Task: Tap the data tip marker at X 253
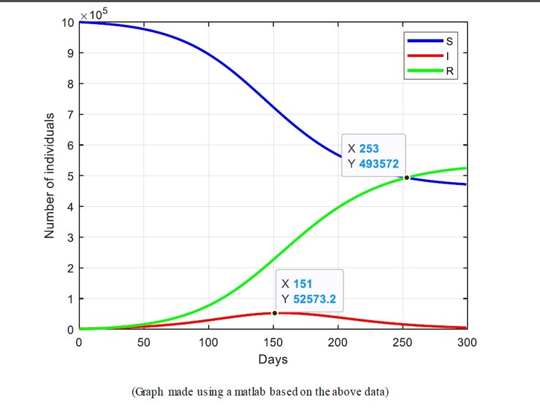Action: pyautogui.click(x=406, y=177)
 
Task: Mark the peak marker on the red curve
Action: pyautogui.click(x=275, y=313)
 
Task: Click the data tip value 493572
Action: pyautogui.click(x=379, y=164)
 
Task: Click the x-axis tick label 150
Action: pyautogui.click(x=273, y=341)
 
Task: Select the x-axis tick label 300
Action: pyautogui.click(x=467, y=341)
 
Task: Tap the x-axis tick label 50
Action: pyautogui.click(x=143, y=341)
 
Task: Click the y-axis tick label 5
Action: pyautogui.click(x=70, y=176)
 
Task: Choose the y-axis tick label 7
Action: pyautogui.click(x=70, y=115)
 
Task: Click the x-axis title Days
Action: pyautogui.click(x=273, y=359)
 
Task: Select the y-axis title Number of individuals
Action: pyautogui.click(x=50, y=175)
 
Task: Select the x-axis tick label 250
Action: pyautogui.click(x=403, y=341)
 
